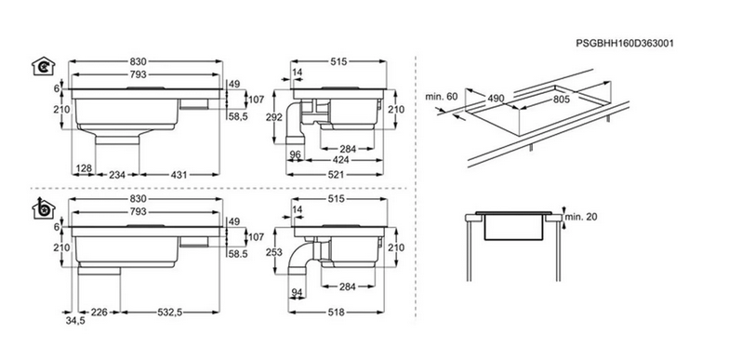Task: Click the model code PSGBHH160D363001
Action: click(625, 43)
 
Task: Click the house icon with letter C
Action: click(43, 67)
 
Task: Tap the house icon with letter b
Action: click(43, 208)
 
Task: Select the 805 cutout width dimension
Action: click(562, 99)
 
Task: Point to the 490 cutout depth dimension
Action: click(496, 99)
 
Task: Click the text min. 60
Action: click(441, 97)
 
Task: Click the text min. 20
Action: click(580, 217)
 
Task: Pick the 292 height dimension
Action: click(274, 117)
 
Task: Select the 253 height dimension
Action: click(274, 251)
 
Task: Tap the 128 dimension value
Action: click(84, 167)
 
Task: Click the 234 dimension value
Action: click(117, 175)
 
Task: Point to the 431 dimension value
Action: click(179, 175)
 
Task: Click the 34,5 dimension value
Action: click(76, 320)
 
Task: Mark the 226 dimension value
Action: click(99, 313)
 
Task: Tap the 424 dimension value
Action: click(344, 161)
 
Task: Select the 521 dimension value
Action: click(336, 175)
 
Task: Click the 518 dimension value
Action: click(336, 313)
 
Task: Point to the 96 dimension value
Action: click(294, 154)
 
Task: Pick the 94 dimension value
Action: click(296, 292)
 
